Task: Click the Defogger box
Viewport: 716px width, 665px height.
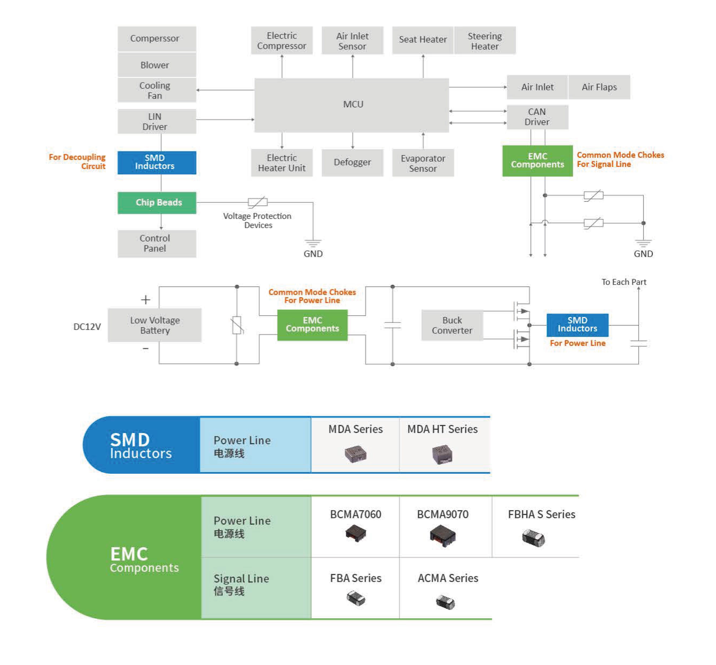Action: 352,162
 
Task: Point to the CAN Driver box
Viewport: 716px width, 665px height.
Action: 537,117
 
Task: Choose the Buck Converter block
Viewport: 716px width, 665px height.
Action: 452,325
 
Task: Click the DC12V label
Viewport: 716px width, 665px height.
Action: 87,327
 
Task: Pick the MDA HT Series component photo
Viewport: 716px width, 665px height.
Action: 442,454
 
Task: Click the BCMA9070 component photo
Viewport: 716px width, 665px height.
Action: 442,535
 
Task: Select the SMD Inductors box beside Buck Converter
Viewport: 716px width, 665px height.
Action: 577,325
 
